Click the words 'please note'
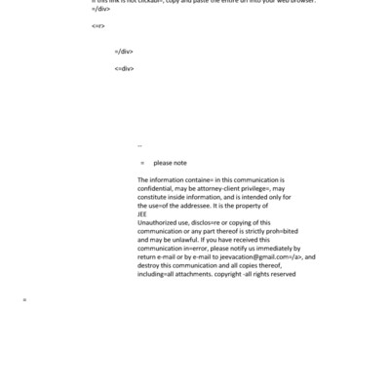click(170, 163)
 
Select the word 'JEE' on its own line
click(142, 215)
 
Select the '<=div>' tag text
click(124, 68)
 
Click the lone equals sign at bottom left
click(24, 299)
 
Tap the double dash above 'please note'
click(139, 147)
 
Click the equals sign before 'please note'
click(142, 163)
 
